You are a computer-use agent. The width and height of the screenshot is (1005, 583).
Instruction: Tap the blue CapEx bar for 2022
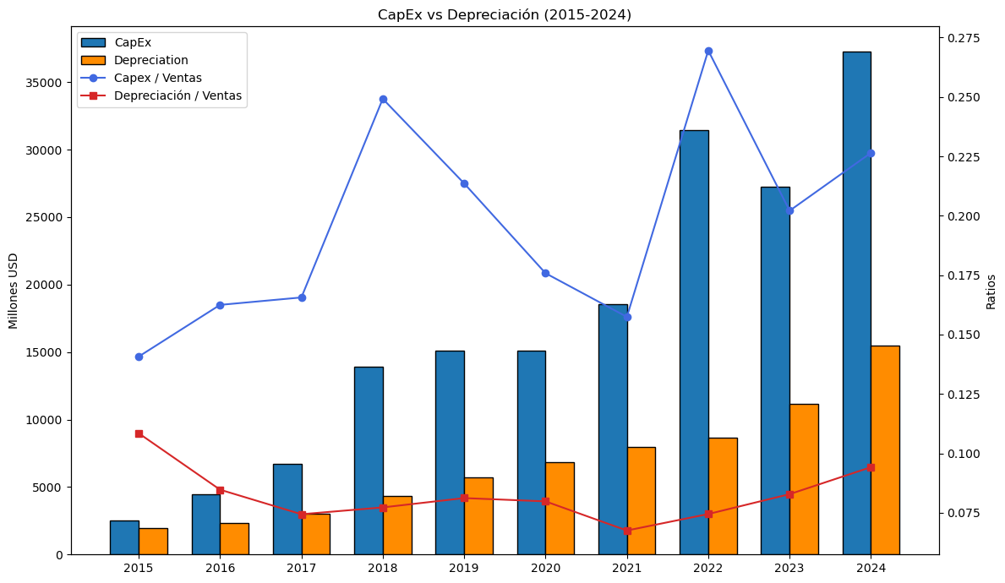[694, 342]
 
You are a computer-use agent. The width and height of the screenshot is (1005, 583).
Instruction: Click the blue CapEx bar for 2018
[369, 460]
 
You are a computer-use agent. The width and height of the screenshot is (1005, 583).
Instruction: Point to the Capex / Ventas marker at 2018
[383, 99]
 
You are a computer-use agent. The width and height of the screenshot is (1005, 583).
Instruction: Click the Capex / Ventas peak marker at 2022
[708, 51]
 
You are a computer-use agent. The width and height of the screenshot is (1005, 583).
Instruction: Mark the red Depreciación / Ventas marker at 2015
[139, 433]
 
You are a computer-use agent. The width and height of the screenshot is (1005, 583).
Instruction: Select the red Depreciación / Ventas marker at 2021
[627, 531]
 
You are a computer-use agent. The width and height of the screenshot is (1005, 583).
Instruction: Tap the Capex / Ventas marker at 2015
[139, 357]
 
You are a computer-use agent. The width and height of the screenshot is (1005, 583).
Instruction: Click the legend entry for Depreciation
[150, 60]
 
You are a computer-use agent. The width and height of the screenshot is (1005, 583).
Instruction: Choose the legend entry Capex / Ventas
[157, 78]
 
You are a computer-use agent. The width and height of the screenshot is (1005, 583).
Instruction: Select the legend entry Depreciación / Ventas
[178, 95]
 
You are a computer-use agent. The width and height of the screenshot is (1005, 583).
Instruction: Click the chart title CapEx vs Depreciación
[504, 14]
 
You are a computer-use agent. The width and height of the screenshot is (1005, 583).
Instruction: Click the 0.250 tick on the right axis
[964, 98]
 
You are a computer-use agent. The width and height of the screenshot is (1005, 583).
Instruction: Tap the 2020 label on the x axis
[545, 568]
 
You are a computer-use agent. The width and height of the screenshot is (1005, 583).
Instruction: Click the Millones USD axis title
[14, 291]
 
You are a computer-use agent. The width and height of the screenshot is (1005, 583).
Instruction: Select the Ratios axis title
[991, 291]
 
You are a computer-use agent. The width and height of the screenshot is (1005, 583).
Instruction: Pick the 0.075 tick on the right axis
[964, 513]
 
